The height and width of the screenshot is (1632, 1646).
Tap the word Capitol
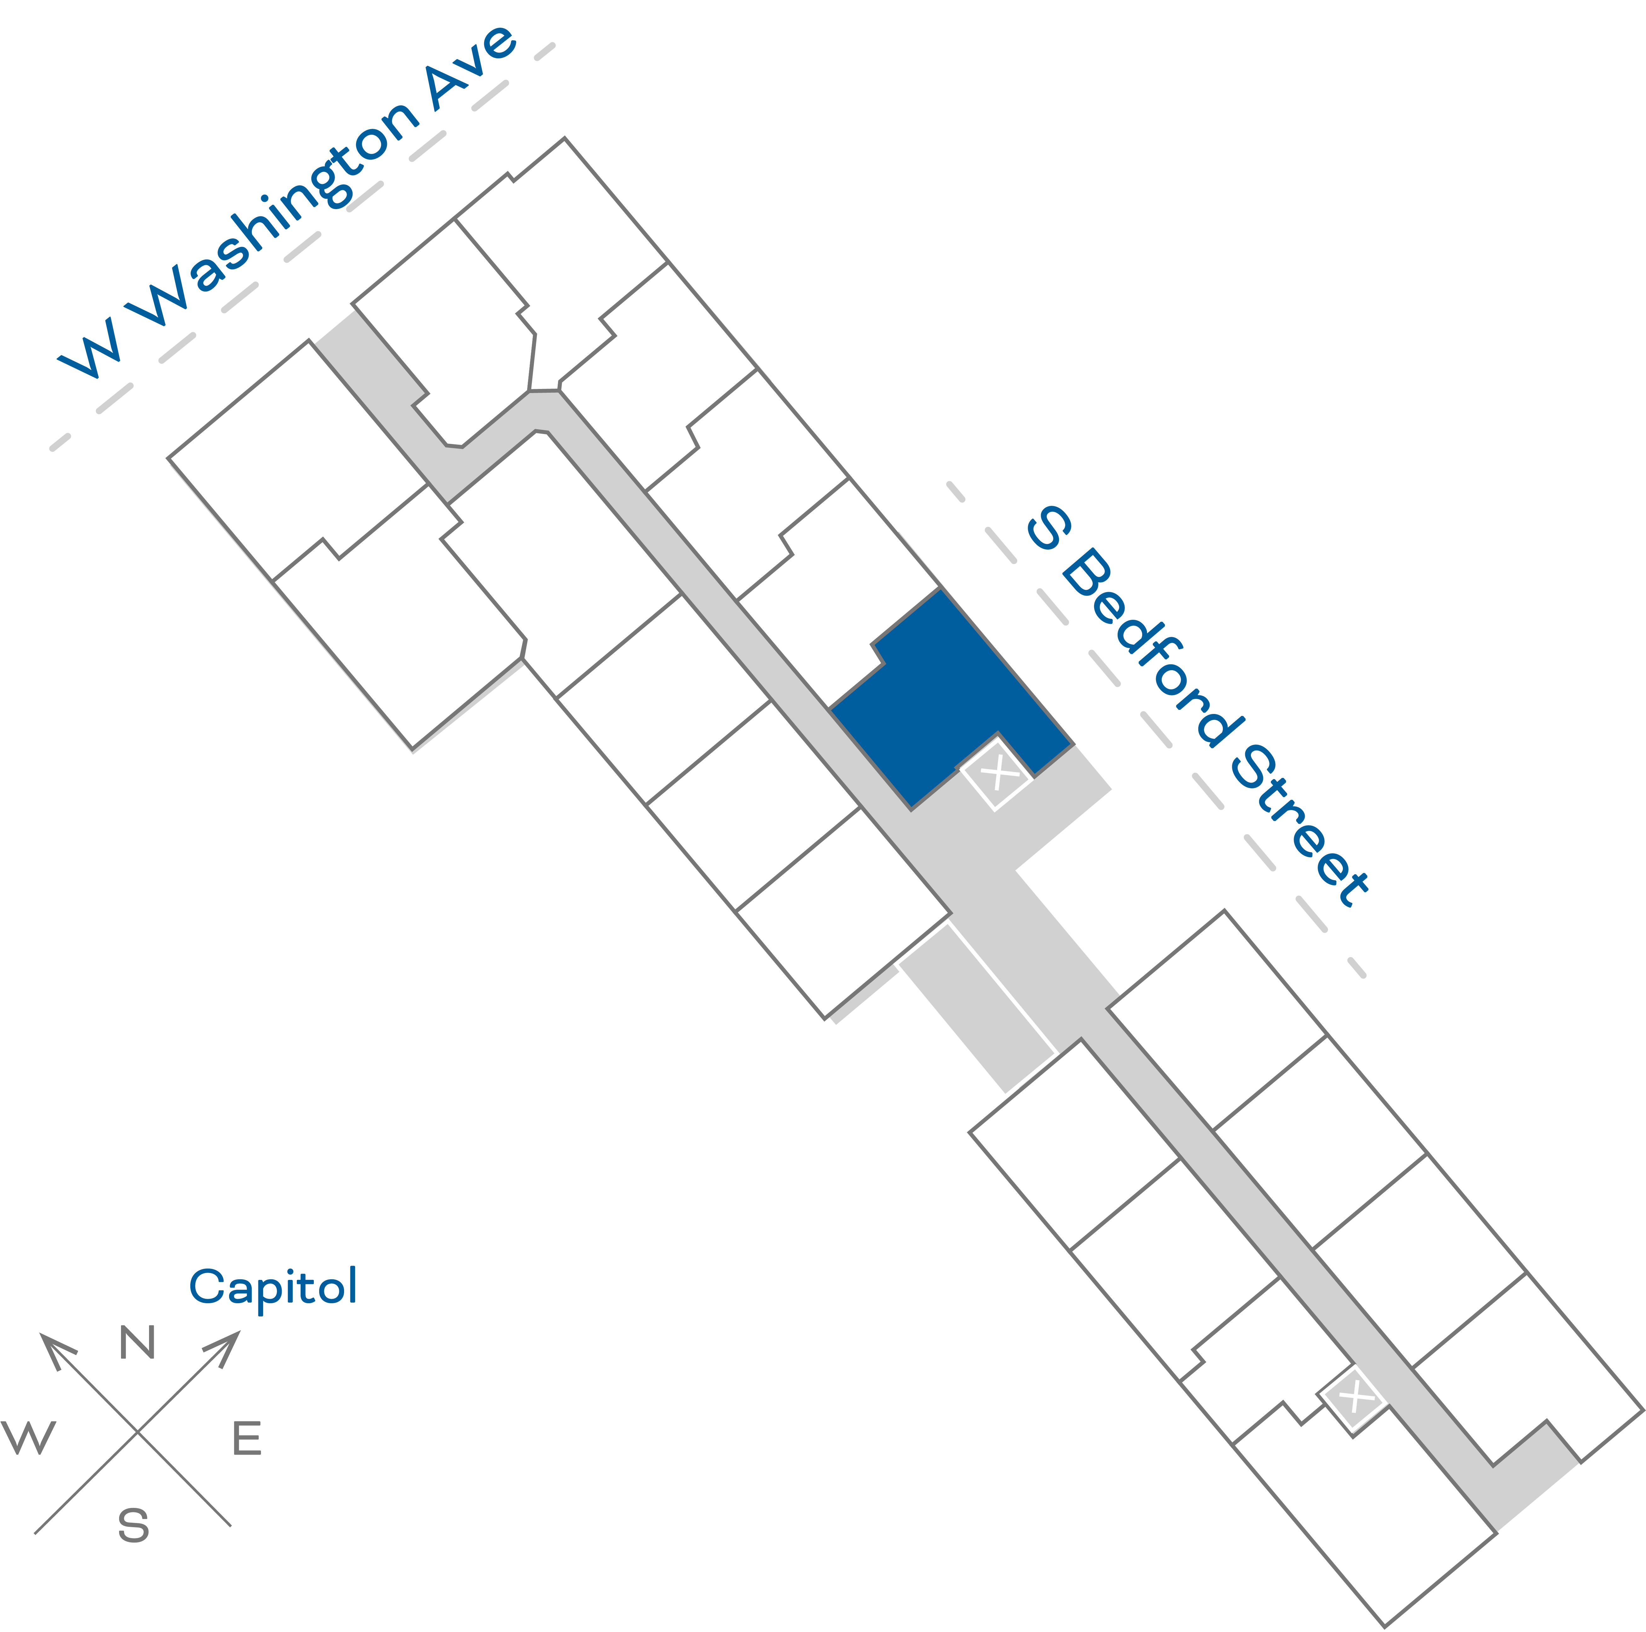[273, 1286]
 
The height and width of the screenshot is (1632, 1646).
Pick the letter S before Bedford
[1048, 528]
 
